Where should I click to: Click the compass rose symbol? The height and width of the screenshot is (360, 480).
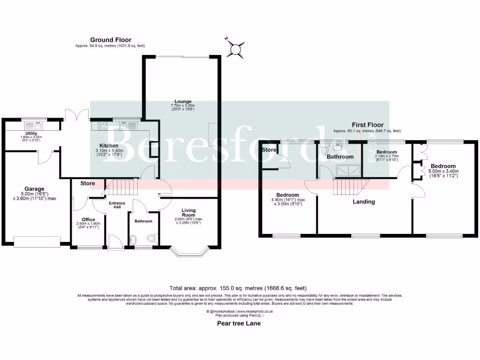237,48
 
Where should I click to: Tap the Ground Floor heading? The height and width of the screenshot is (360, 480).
111,40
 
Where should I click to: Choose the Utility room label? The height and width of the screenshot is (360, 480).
32,134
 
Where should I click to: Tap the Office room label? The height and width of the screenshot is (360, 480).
88,219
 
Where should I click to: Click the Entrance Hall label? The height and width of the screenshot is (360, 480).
117,204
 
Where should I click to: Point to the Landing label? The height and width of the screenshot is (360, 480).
364,202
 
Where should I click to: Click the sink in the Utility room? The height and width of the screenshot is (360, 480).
37,125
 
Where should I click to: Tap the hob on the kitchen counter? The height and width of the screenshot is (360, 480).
103,125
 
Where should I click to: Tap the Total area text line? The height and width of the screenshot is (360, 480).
238,288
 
